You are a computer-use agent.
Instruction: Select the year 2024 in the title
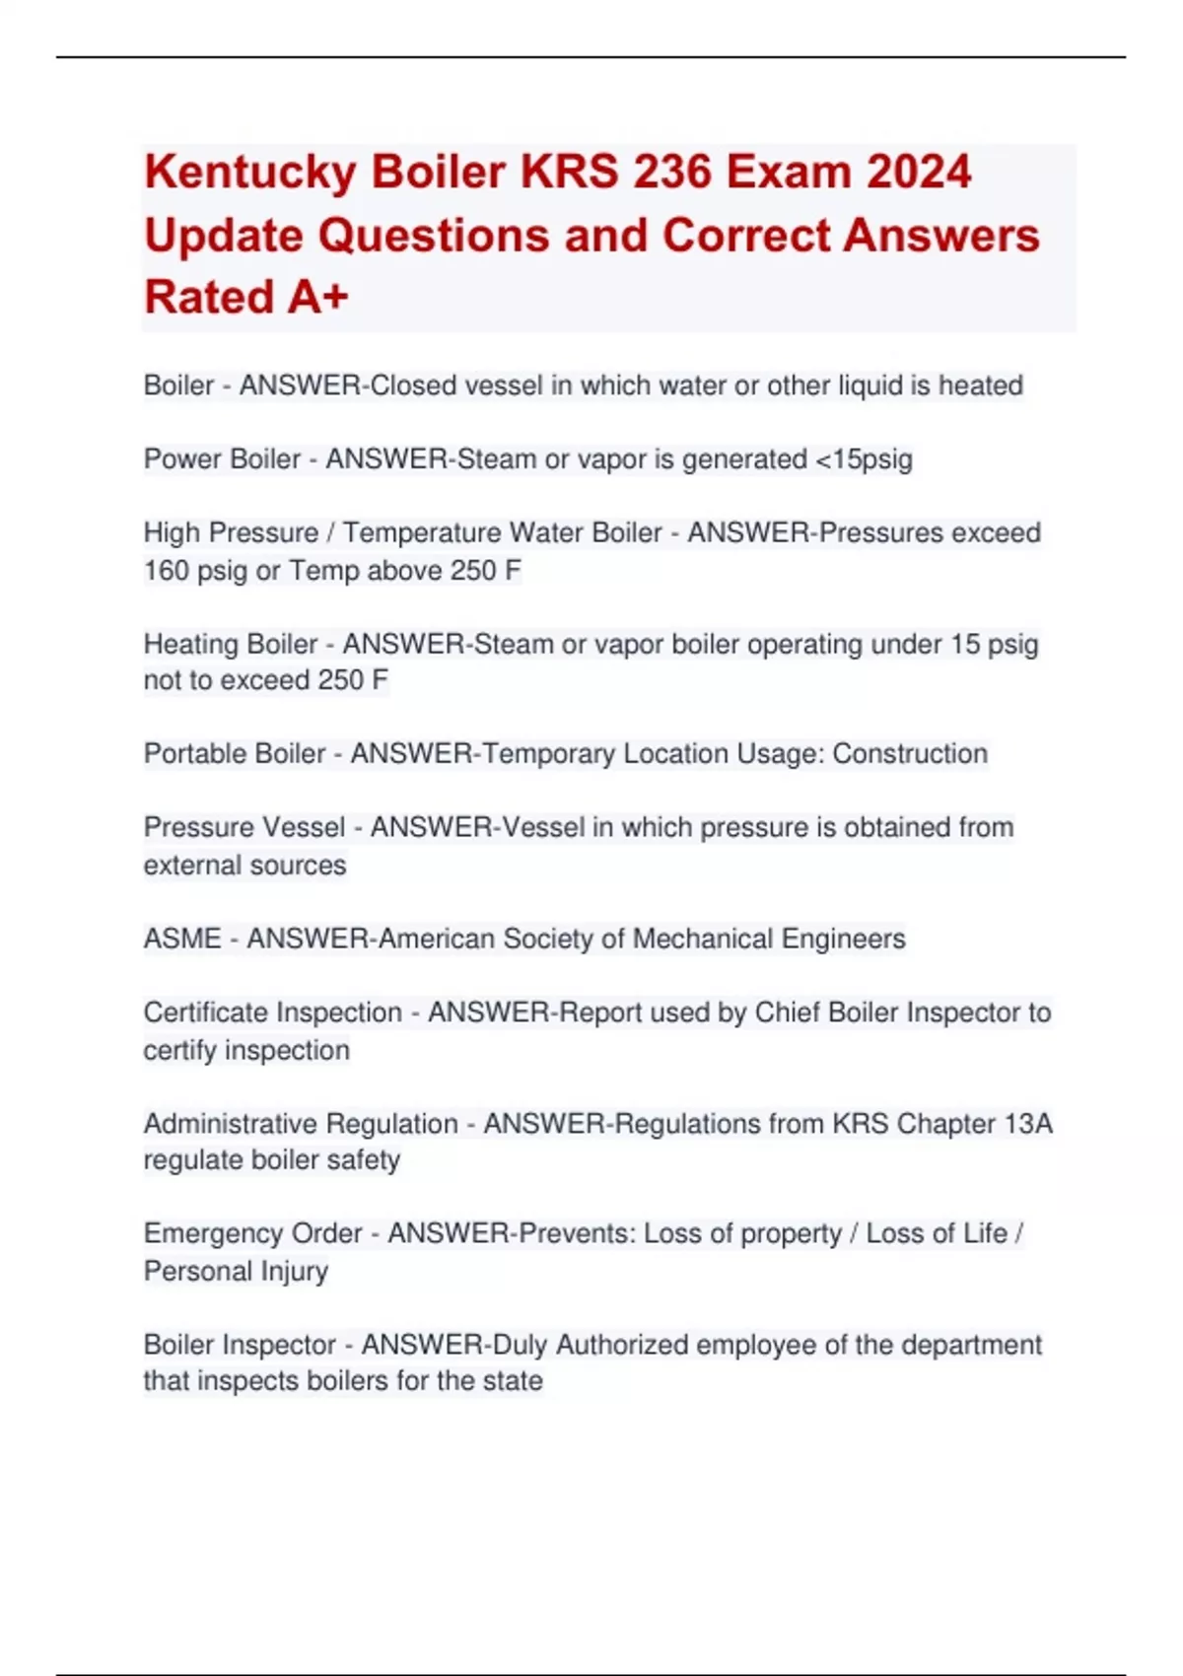coord(919,172)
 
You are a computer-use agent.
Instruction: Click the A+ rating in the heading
coord(317,297)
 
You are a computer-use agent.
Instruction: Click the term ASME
coord(182,939)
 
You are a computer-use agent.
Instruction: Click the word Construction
coord(910,754)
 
